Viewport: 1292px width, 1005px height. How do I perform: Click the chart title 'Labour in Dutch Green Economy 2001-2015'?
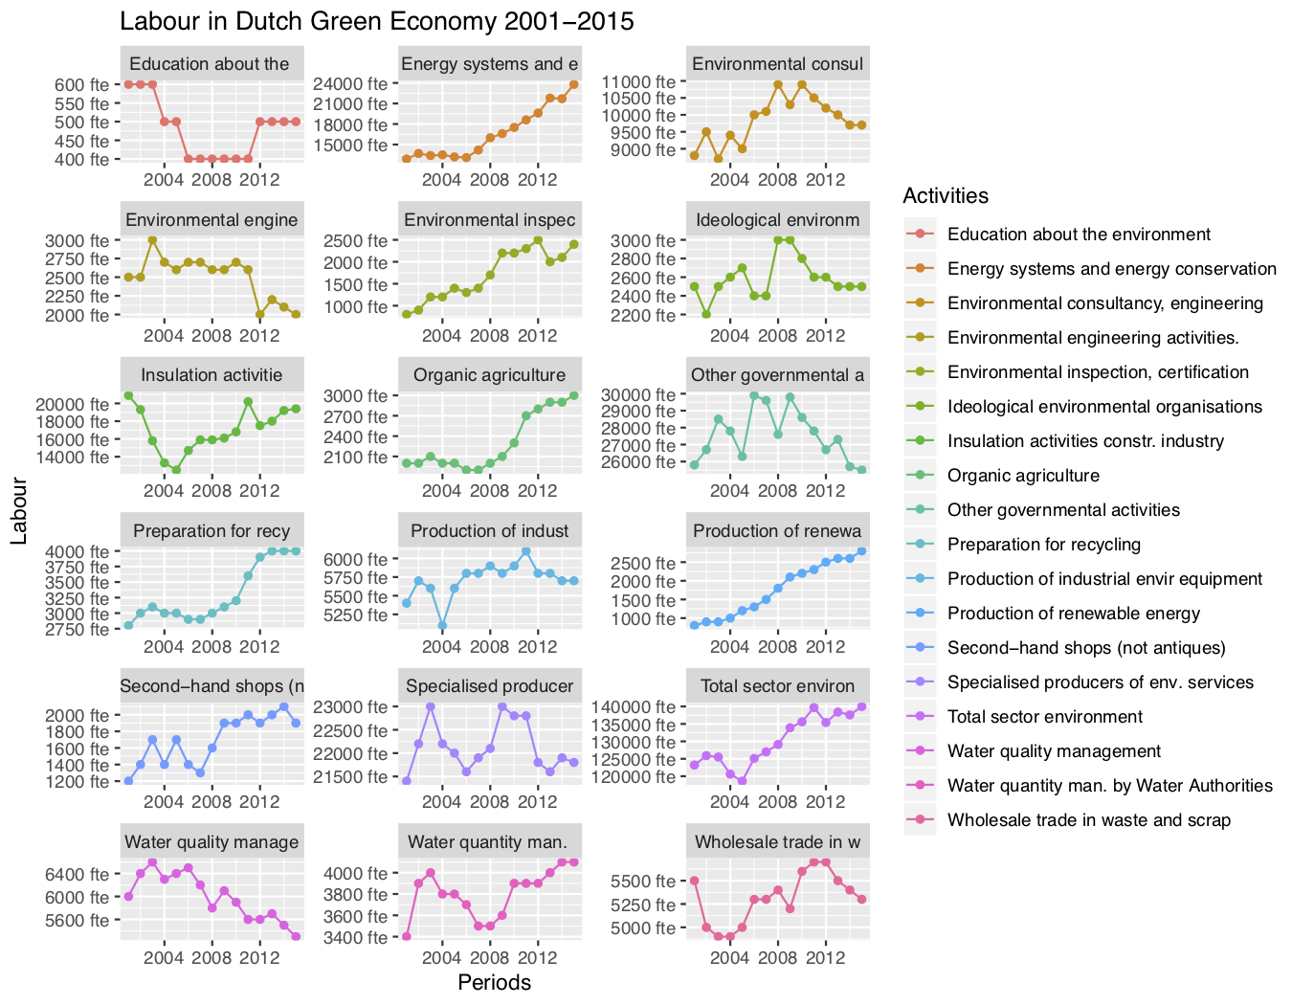click(x=376, y=21)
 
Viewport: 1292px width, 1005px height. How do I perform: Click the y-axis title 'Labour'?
click(x=19, y=510)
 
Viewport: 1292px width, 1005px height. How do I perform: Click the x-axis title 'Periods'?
click(x=494, y=982)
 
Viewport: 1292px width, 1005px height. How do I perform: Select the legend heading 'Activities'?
click(x=946, y=196)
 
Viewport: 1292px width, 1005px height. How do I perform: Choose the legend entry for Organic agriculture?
click(x=1023, y=476)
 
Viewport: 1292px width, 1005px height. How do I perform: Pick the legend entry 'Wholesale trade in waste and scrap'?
click(x=1088, y=820)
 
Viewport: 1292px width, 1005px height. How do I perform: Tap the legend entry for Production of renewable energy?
click(x=1073, y=614)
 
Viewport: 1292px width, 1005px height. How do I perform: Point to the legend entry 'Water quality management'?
click(x=1054, y=751)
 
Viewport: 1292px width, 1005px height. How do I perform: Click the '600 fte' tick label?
click(x=81, y=84)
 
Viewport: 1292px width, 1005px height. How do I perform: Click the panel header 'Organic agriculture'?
click(x=489, y=375)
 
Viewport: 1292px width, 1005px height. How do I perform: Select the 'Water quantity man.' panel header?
click(x=487, y=842)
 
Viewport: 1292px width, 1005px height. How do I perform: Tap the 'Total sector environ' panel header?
click(x=777, y=686)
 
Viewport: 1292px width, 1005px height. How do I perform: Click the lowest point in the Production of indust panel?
click(x=442, y=626)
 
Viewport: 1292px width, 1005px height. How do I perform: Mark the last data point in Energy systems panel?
click(x=573, y=84)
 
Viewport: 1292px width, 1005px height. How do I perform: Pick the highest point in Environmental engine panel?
click(x=152, y=239)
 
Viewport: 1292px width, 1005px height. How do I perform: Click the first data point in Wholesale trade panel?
click(x=694, y=881)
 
